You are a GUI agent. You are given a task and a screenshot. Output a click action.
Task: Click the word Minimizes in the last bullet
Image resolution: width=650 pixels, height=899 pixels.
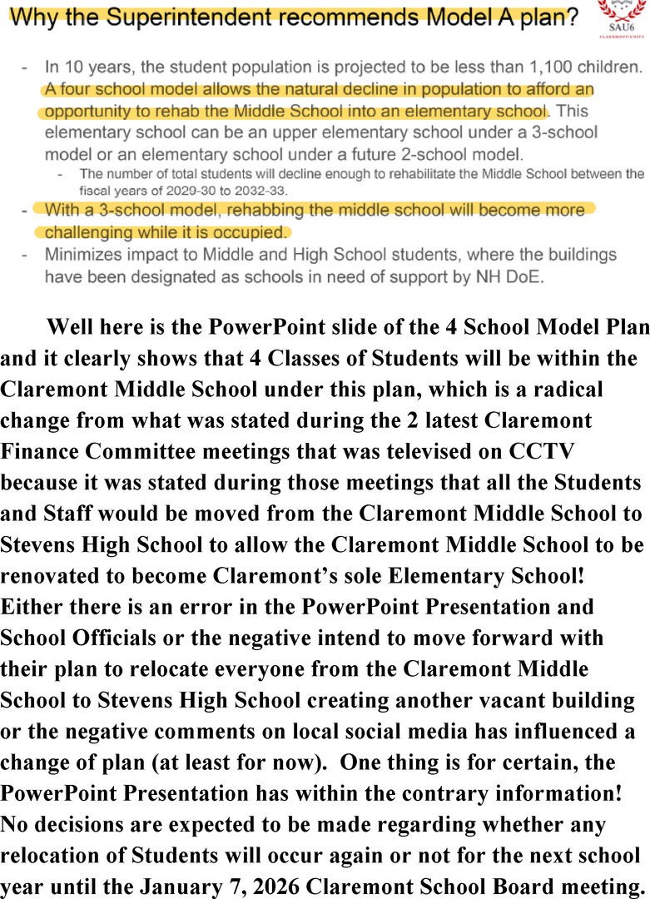[83, 254]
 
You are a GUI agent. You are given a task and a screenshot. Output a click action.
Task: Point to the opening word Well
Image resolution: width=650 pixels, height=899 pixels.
[73, 327]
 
